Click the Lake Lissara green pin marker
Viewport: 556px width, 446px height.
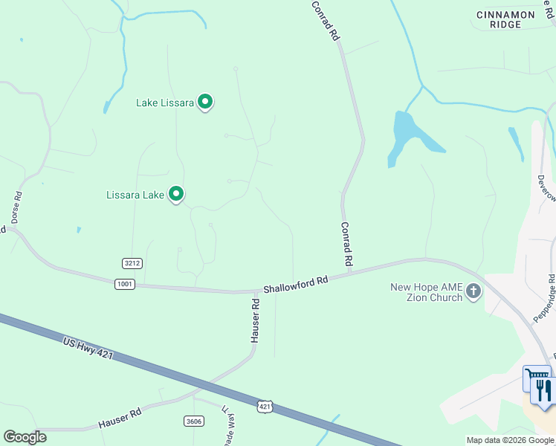[205, 103]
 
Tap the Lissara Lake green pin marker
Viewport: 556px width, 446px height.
[176, 195]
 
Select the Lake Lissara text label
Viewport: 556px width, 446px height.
[165, 103]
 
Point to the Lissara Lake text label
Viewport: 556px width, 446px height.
[135, 195]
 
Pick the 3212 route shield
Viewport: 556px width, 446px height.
[132, 263]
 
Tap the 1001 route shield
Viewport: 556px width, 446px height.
[124, 284]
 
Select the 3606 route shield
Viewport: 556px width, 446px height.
[193, 421]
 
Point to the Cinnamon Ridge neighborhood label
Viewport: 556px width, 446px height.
[505, 19]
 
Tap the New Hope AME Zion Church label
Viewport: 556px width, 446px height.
[426, 292]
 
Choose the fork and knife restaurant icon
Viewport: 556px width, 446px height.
[544, 390]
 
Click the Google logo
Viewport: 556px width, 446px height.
[25, 437]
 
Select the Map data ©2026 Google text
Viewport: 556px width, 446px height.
[510, 440]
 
